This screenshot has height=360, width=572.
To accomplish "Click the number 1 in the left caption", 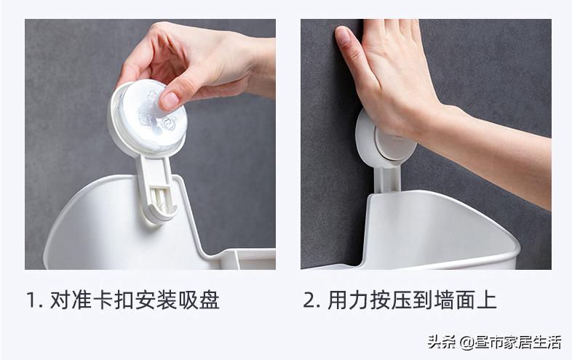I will [31, 300].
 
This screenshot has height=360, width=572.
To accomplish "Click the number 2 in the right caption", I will [309, 300].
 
